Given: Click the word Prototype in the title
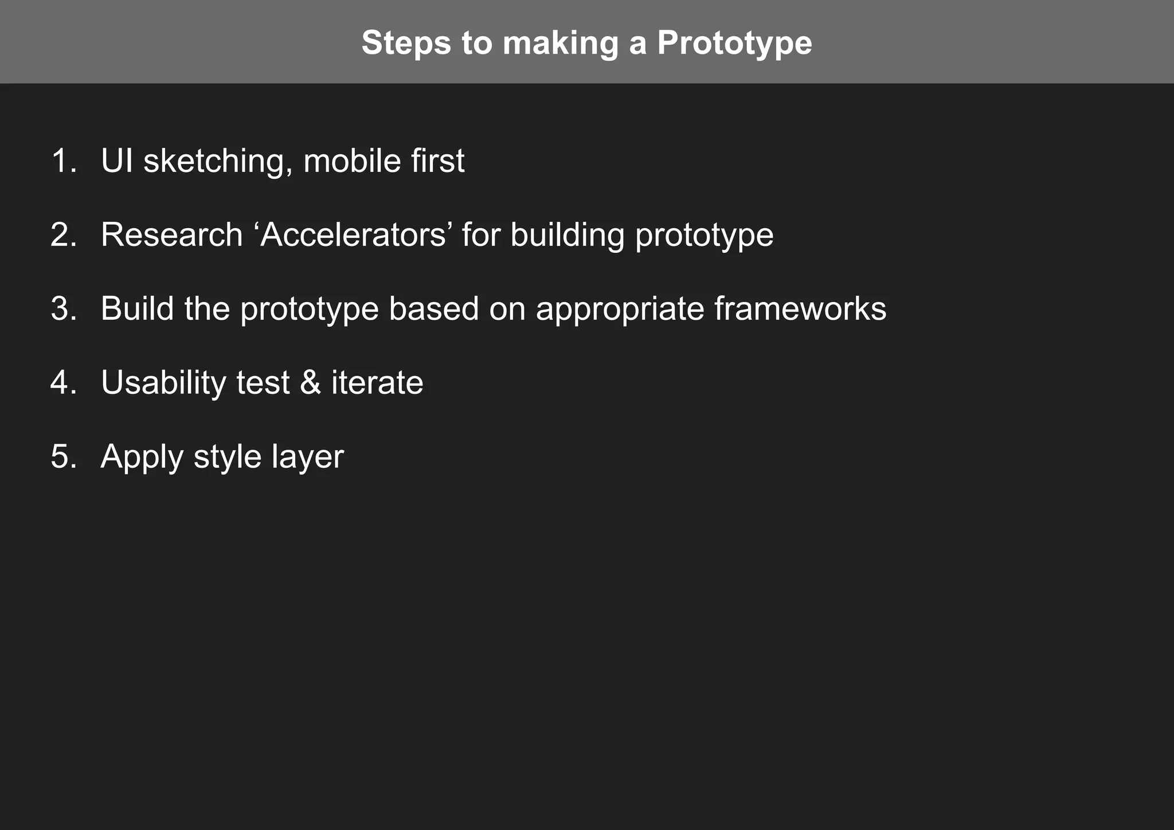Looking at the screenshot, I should [734, 43].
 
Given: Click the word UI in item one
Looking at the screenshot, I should [117, 160].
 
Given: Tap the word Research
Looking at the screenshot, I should [172, 235].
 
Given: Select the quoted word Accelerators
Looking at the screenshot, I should [353, 235].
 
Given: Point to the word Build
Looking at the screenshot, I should [138, 309].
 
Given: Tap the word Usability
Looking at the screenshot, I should [163, 383].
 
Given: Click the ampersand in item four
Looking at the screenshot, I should [310, 382].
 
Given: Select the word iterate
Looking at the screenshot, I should [377, 382].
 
